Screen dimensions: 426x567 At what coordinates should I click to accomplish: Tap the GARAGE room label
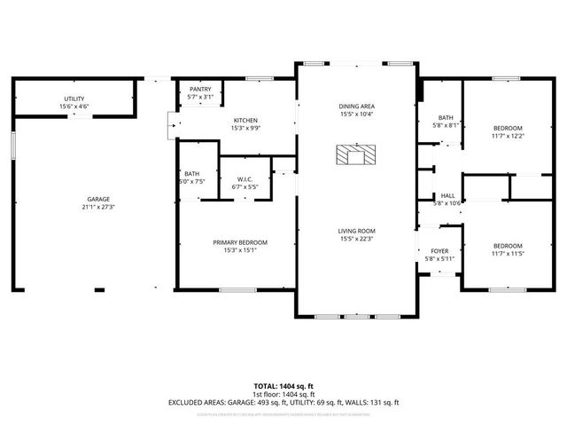coord(98,199)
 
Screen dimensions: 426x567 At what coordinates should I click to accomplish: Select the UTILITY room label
coord(74,99)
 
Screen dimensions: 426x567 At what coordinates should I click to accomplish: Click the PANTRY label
coord(200,90)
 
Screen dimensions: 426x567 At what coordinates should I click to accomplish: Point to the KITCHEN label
coord(245,120)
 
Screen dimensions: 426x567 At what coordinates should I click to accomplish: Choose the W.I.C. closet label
coord(244,180)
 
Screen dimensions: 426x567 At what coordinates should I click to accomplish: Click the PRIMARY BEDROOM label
coord(239,242)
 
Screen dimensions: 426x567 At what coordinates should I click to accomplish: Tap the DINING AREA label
coord(356,106)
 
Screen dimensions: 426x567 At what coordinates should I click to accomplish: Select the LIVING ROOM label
coord(356,231)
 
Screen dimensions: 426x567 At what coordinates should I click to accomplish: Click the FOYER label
coord(440,251)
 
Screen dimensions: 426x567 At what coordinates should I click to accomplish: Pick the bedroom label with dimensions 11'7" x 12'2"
coord(508,128)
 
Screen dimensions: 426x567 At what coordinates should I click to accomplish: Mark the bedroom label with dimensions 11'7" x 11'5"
coord(508,245)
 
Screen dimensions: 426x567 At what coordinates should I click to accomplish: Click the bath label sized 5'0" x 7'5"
coord(192,174)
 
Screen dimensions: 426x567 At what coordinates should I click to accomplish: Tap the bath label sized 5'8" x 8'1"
coord(446,117)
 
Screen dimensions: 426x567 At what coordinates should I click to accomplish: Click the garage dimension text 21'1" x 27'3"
coord(98,207)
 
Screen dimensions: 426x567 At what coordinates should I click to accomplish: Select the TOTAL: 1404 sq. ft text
coord(283,386)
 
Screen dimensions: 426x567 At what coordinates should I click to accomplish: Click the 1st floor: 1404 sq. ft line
coord(283,394)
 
